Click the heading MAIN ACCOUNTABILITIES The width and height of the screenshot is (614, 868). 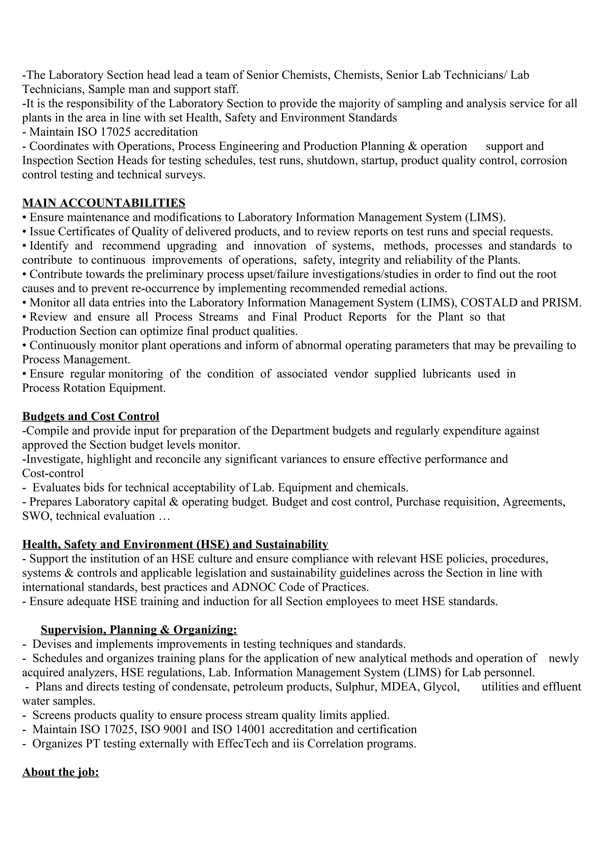pyautogui.click(x=104, y=203)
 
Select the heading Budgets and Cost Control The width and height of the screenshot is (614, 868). pyautogui.click(x=91, y=416)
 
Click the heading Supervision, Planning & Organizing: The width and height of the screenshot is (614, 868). pyautogui.click(x=139, y=630)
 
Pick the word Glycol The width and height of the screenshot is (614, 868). pyautogui.click(x=441, y=686)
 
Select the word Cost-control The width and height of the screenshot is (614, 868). pyautogui.click(x=53, y=473)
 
